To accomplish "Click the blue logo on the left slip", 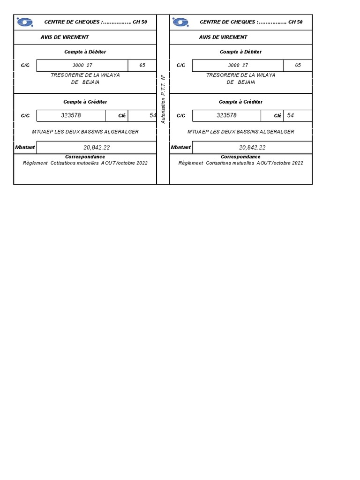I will click(x=24, y=22).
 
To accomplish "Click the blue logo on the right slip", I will click(x=180, y=22).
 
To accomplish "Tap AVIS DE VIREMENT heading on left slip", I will click(x=65, y=37).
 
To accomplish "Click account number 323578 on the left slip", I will click(x=71, y=115).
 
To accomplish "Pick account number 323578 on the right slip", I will click(x=227, y=115).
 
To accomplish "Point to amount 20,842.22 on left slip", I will click(x=97, y=147).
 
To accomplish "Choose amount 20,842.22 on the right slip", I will click(x=252, y=147).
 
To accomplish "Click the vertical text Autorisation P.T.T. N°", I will click(x=163, y=99).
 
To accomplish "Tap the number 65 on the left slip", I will click(x=142, y=66).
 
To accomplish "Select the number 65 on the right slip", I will click(x=298, y=66).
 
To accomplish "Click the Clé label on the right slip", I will click(x=278, y=116).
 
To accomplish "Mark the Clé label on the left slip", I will click(x=122, y=116).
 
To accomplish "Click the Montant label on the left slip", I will click(x=25, y=147).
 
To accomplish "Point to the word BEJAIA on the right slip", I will click(x=247, y=82).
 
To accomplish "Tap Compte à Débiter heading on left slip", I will click(x=85, y=52).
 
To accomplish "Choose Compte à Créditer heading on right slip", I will click(x=241, y=102).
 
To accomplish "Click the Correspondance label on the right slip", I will click(x=241, y=157).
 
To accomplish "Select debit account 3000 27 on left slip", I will click(x=82, y=66).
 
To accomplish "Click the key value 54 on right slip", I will click(x=291, y=115).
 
